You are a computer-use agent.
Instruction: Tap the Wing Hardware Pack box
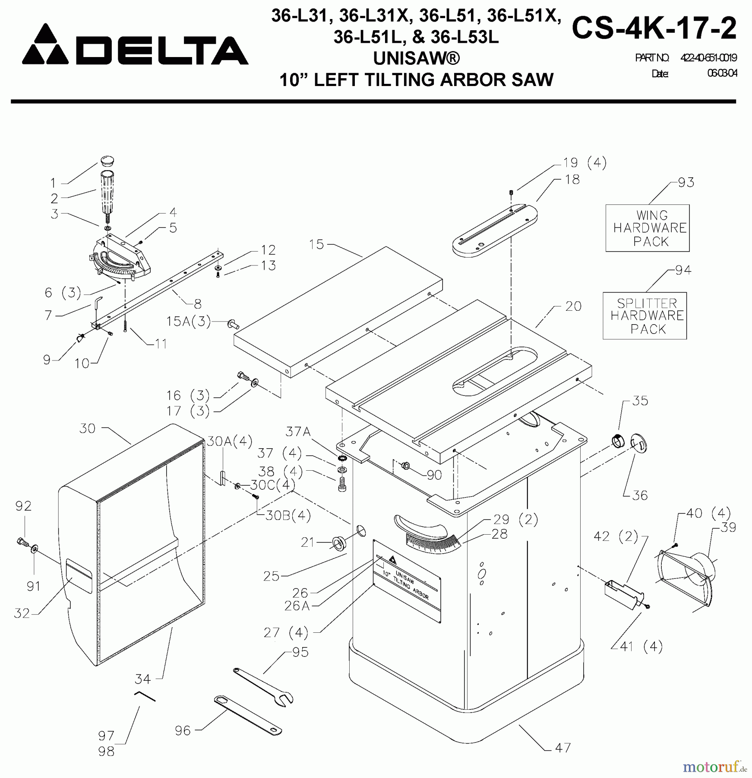[x=647, y=228]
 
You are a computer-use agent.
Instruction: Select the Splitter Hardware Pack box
[x=645, y=316]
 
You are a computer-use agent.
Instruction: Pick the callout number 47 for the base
[x=562, y=747]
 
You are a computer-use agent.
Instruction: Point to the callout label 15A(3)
[x=189, y=321]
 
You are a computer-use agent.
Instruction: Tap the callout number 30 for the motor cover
[x=88, y=428]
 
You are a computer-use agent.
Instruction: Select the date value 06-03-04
[x=721, y=73]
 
